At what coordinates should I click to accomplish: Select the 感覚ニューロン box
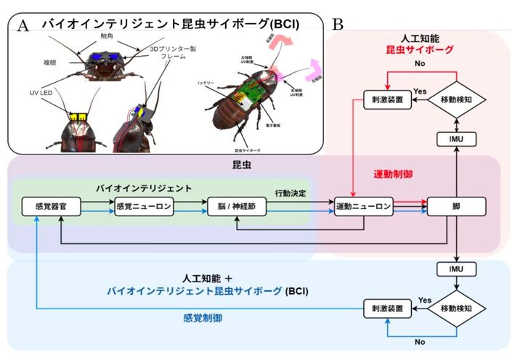144,206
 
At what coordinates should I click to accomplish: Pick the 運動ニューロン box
363,206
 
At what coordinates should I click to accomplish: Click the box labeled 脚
457,206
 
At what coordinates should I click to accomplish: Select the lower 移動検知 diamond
457,311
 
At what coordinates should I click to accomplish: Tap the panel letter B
338,24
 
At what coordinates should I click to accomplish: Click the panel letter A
23,25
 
